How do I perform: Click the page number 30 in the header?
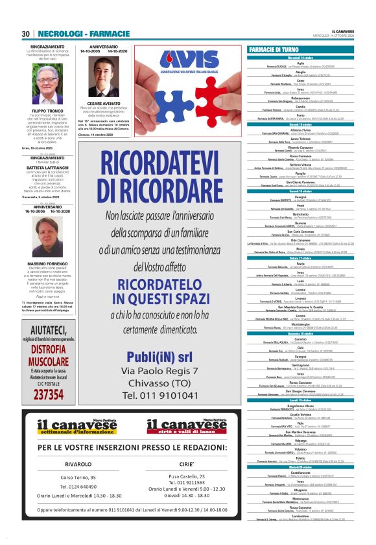[26, 34]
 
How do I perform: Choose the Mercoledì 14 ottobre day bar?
[307, 58]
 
